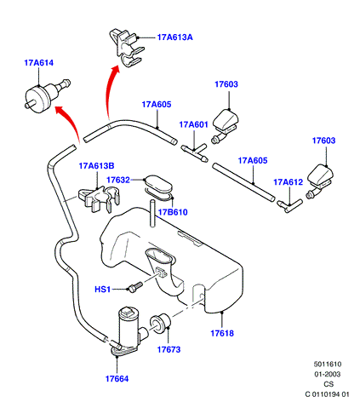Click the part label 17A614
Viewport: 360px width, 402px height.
(x=39, y=63)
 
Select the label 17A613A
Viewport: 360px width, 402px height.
(x=175, y=37)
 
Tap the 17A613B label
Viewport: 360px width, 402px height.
(x=96, y=166)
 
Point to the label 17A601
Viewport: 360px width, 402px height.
(x=194, y=124)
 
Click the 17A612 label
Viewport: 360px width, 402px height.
(x=289, y=182)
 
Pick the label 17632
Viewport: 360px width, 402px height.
(x=118, y=180)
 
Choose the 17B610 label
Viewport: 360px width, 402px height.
(x=173, y=212)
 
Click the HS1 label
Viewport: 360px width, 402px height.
(x=102, y=290)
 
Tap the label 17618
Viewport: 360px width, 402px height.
(x=222, y=333)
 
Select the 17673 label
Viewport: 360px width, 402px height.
(x=169, y=349)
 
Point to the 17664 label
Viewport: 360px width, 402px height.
(x=117, y=379)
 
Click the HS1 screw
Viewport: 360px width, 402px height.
(x=135, y=286)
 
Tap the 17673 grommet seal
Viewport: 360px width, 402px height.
(x=160, y=324)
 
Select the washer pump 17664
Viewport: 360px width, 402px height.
(x=129, y=330)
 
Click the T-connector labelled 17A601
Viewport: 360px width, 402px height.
(x=195, y=152)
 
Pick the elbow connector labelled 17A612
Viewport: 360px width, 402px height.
(x=289, y=206)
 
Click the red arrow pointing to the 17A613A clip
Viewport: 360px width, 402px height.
(x=111, y=92)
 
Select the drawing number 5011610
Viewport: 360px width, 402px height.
(x=328, y=365)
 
